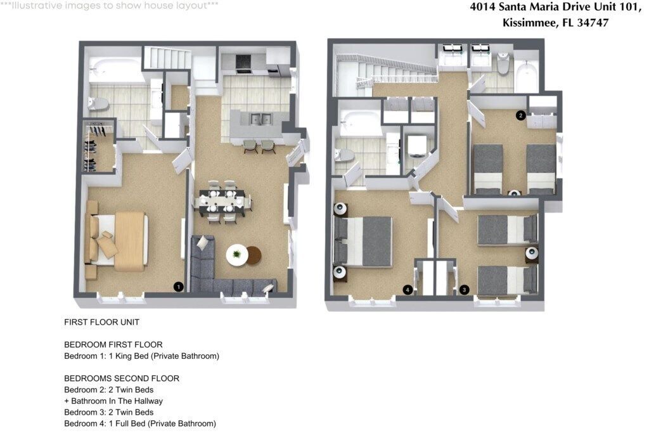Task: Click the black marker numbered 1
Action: click(x=178, y=287)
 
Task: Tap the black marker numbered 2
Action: click(x=521, y=115)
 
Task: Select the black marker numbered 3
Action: click(x=464, y=290)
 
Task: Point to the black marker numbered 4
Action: click(x=408, y=290)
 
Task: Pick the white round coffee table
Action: click(x=237, y=255)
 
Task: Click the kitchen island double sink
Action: click(x=260, y=119)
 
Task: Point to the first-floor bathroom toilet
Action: click(x=98, y=103)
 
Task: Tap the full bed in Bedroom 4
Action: click(x=363, y=242)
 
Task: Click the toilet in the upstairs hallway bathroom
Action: click(x=503, y=64)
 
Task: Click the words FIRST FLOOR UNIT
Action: click(x=102, y=322)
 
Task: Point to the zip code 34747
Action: click(x=593, y=22)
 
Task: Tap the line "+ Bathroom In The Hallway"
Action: click(x=113, y=401)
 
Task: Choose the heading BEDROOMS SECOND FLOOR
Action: click(x=122, y=378)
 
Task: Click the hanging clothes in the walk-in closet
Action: click(x=94, y=147)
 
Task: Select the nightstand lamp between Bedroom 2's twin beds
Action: click(x=515, y=193)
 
